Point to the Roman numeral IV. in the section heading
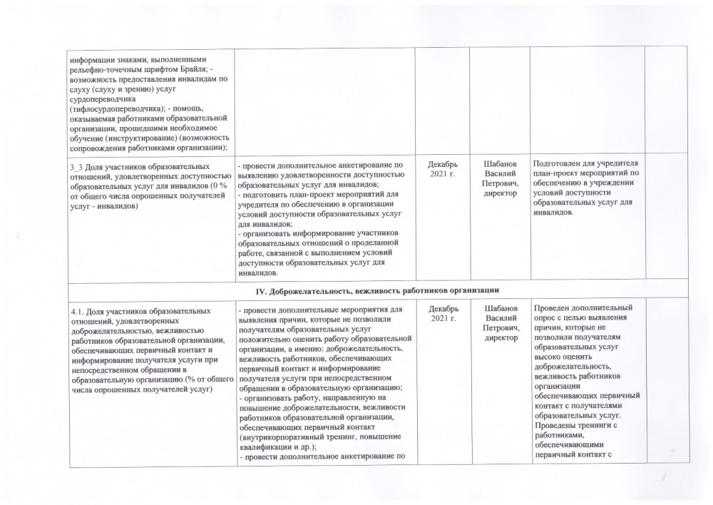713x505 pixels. click(x=261, y=290)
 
